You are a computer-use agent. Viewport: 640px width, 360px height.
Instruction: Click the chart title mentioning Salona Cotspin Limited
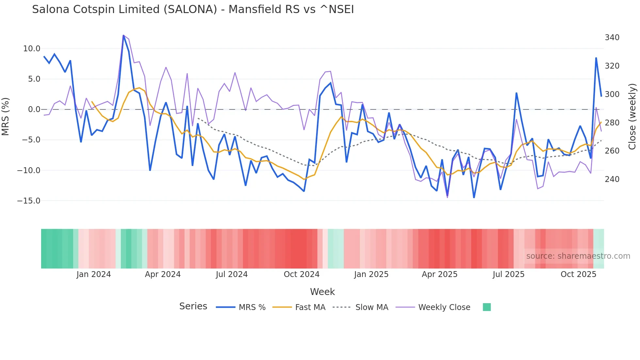click(193, 9)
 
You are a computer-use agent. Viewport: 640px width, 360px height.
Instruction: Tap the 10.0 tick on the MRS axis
click(32, 49)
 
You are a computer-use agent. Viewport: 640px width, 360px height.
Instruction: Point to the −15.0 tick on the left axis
click(29, 201)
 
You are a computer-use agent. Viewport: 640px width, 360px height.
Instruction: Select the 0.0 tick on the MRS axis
click(34, 109)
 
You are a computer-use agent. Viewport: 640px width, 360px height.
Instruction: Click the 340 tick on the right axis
click(612, 38)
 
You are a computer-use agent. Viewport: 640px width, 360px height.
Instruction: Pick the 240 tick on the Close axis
click(612, 179)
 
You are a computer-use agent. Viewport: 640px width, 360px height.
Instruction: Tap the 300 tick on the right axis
click(612, 94)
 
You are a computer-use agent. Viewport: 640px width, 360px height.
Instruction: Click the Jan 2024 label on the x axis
click(94, 274)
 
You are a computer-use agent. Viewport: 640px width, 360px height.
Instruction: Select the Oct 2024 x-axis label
click(301, 274)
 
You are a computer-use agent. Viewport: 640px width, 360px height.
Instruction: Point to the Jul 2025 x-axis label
click(508, 274)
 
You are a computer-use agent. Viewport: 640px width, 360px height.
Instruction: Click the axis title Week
click(322, 292)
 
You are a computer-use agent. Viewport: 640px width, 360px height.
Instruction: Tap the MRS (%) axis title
click(6, 116)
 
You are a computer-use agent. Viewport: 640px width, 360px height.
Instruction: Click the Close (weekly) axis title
click(632, 117)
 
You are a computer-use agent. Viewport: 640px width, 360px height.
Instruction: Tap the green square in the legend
click(487, 307)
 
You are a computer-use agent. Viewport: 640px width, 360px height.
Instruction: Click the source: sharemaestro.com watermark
click(578, 256)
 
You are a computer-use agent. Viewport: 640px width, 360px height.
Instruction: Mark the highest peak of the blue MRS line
click(123, 35)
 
